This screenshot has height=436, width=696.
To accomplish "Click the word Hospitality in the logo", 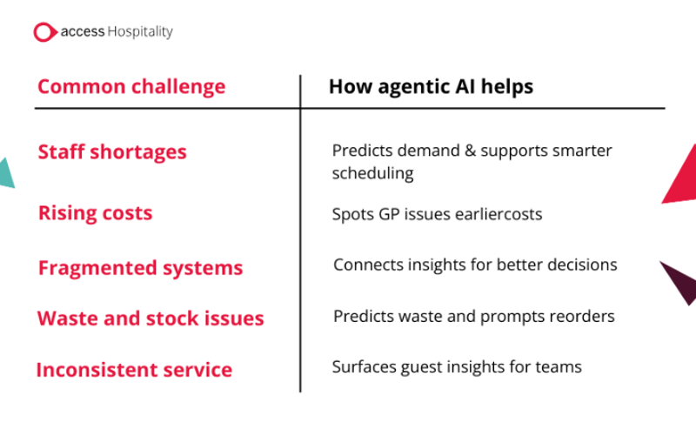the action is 140,32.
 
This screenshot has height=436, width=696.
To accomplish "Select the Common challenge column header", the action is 131,86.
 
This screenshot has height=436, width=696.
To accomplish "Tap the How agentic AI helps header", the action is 431,86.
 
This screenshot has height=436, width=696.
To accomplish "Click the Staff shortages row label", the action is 112,151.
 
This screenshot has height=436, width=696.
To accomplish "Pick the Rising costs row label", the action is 96,213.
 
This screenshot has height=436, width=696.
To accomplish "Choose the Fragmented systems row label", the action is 141,268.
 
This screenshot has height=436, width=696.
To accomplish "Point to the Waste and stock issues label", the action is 151,319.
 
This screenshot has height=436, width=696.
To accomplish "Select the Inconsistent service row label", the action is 134,370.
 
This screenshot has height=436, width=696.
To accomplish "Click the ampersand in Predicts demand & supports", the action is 470,151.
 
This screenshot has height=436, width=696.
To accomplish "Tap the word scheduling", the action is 373,173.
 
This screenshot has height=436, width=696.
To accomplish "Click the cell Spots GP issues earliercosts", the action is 438,214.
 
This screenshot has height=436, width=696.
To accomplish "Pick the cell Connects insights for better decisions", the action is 475,265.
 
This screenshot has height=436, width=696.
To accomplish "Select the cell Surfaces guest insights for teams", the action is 457,367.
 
